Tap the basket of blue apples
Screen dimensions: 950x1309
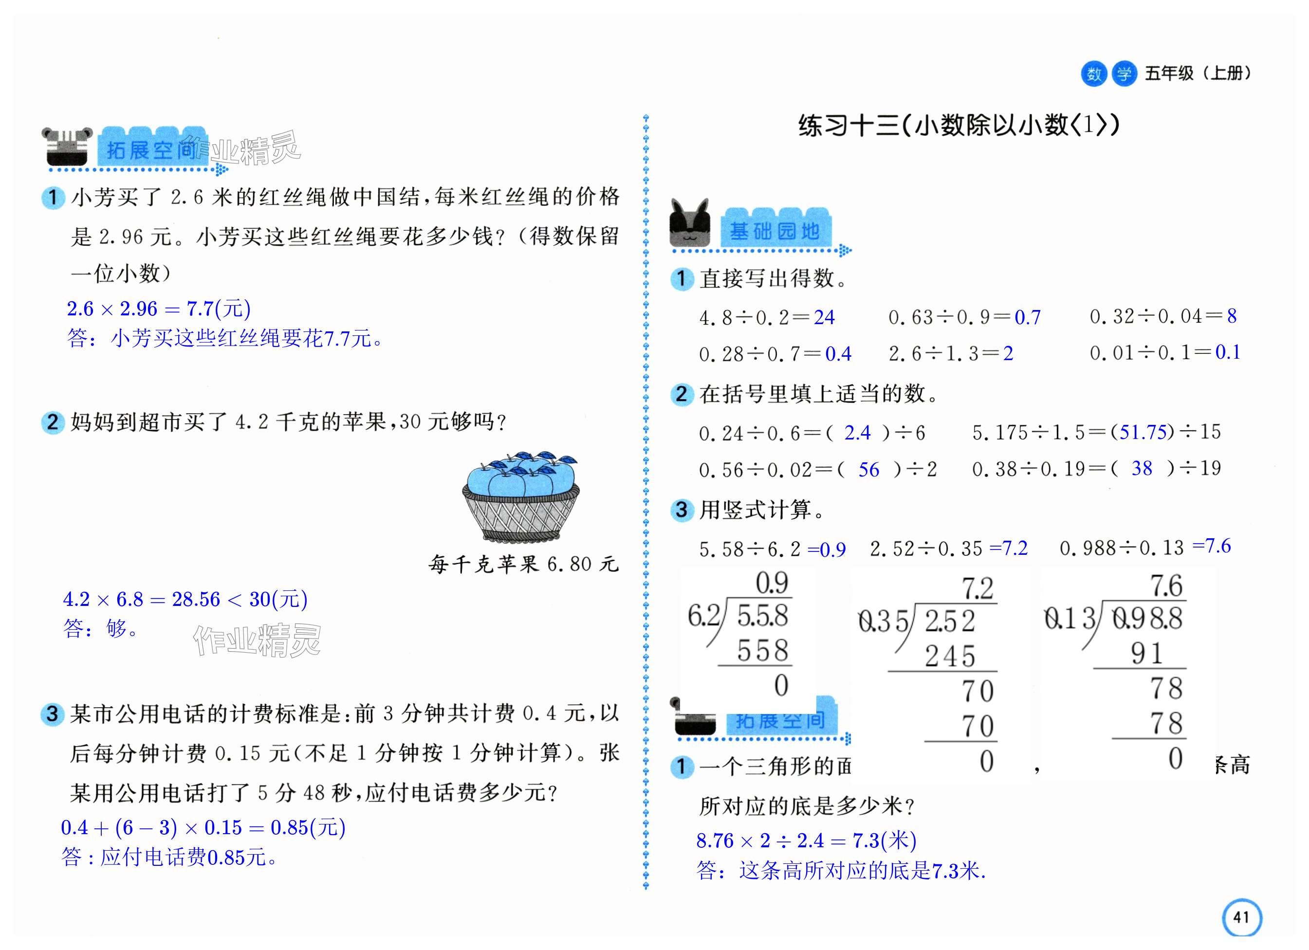[x=520, y=496]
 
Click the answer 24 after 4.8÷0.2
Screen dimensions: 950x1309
[x=824, y=317]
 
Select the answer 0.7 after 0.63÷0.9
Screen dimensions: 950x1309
[x=1027, y=317]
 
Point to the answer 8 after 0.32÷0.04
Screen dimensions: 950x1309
[x=1232, y=316]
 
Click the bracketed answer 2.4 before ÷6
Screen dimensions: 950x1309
[x=857, y=432]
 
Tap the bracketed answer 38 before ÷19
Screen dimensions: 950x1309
[x=1142, y=468]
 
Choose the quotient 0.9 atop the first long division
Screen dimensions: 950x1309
[x=772, y=583]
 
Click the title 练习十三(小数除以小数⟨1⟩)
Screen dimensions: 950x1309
[x=959, y=125]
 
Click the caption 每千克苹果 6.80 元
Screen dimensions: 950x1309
[x=523, y=564]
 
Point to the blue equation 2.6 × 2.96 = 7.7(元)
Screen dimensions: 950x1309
[x=159, y=309]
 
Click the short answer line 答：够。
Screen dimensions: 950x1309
[x=101, y=628]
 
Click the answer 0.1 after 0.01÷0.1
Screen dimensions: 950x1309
[x=1228, y=352]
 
